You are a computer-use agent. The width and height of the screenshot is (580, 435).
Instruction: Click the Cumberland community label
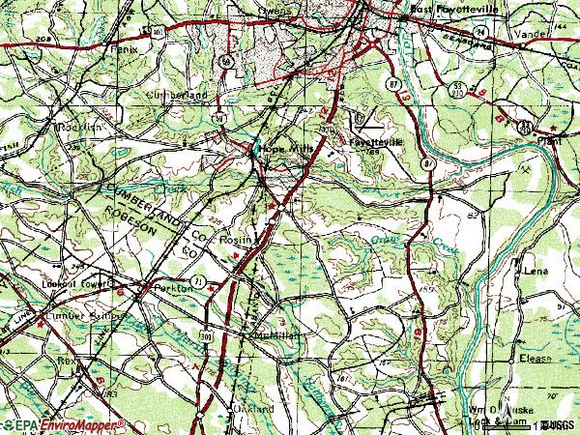(176, 97)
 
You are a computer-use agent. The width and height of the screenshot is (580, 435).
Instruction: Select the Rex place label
(67, 359)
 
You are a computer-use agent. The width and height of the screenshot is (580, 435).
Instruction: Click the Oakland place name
(255, 410)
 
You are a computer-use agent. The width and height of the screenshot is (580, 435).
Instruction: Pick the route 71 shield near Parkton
(196, 279)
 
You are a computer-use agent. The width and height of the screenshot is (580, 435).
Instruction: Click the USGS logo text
(555, 424)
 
